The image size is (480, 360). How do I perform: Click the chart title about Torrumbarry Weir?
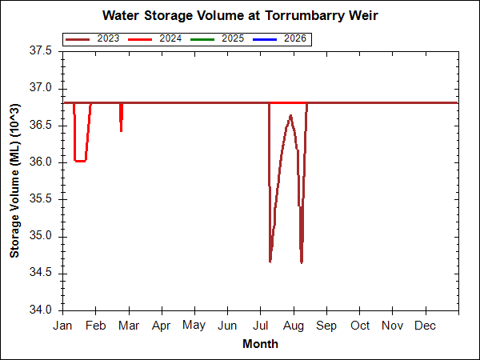coord(240,16)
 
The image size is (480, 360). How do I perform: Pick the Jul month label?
coord(260,326)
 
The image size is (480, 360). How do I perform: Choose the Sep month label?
coord(326,326)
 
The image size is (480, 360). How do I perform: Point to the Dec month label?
coord(426,326)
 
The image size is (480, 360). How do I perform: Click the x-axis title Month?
coord(261,344)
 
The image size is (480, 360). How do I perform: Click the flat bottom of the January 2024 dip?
coord(80,161)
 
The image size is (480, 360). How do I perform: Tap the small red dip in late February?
coord(121,128)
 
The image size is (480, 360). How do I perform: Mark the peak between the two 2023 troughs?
coord(290,116)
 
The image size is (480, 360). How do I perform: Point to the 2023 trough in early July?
coord(270,260)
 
